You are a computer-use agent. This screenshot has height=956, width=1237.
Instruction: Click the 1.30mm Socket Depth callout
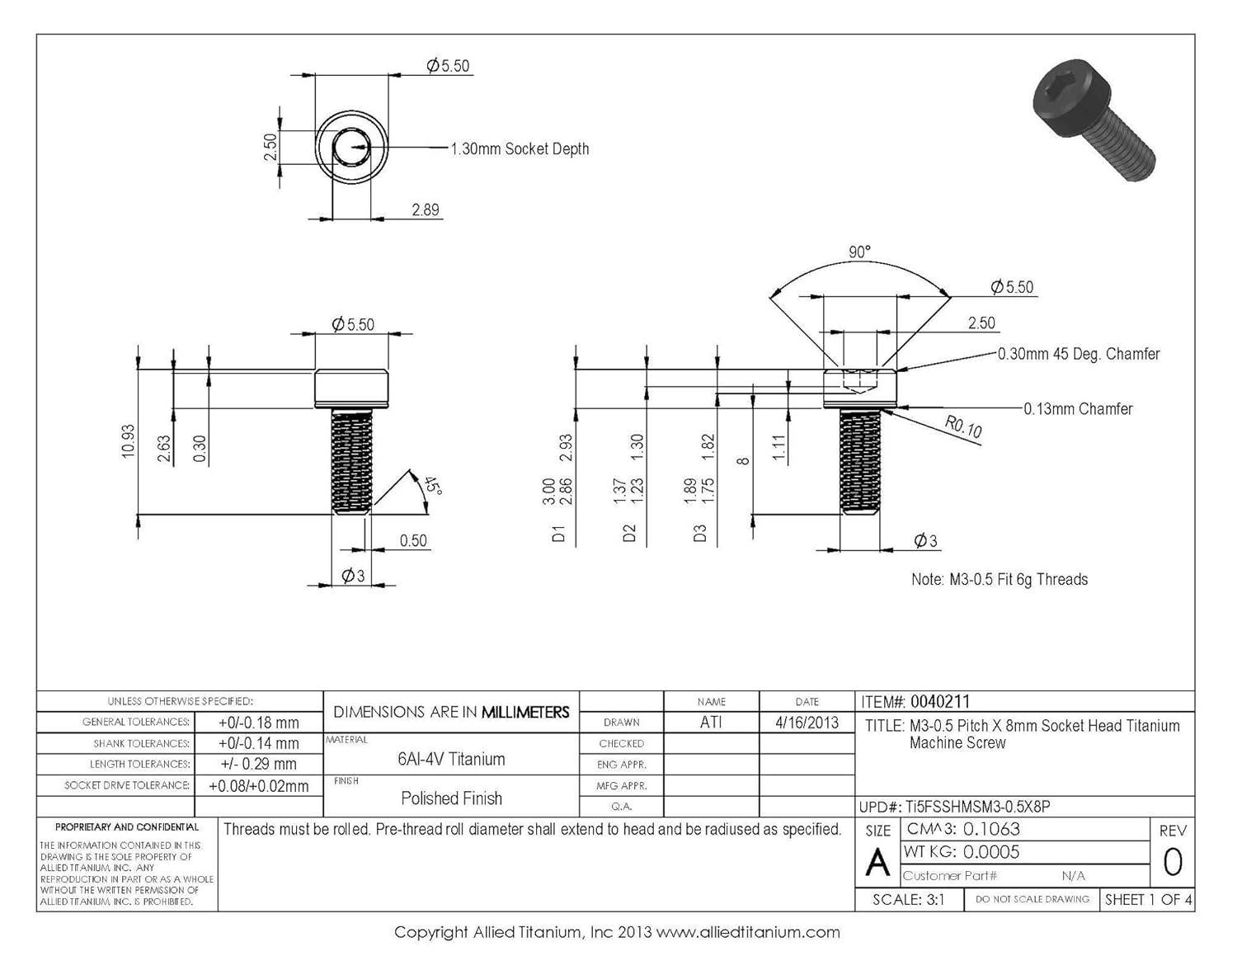(520, 149)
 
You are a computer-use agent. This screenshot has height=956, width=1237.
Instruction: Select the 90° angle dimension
(859, 252)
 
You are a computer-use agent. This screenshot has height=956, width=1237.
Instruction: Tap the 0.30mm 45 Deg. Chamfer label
(1079, 354)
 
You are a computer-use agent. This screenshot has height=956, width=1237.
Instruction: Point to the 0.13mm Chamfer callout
(1078, 409)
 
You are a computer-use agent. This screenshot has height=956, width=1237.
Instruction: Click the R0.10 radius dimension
(963, 426)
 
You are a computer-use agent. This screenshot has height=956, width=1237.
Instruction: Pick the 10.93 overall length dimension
(128, 442)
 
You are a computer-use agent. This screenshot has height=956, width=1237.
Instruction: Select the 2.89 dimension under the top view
(426, 210)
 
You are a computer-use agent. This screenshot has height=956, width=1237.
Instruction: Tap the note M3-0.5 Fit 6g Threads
(999, 580)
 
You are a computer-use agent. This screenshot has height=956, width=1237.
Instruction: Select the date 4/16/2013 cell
(807, 723)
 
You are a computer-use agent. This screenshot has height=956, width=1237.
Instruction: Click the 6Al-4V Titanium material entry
(451, 759)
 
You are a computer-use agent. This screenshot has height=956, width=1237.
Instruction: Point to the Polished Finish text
(451, 798)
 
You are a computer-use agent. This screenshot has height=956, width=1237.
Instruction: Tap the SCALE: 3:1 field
(909, 900)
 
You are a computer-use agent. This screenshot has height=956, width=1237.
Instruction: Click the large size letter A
(877, 864)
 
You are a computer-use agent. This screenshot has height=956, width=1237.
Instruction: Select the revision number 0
(1172, 863)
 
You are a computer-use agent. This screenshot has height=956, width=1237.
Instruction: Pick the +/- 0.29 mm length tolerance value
(258, 765)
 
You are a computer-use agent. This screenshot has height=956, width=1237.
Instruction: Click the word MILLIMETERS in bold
(525, 712)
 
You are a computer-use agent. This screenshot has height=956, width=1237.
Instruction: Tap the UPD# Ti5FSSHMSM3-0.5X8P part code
(978, 807)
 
